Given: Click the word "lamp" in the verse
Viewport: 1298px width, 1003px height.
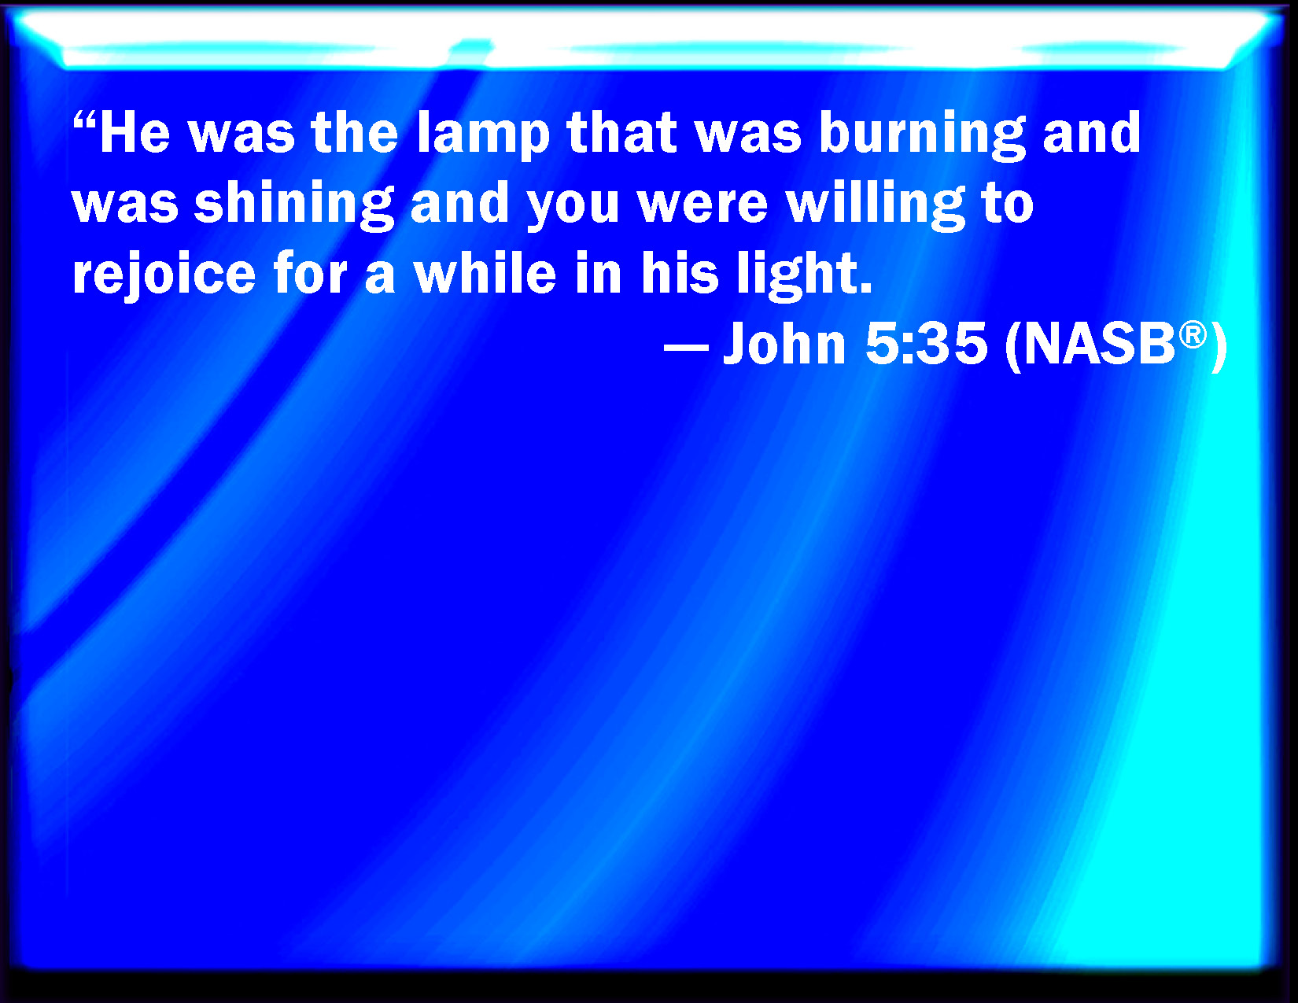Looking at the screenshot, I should tap(482, 134).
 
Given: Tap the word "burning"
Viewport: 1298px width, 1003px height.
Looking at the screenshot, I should tap(922, 134).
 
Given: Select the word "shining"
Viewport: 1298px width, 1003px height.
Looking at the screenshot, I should tap(293, 205).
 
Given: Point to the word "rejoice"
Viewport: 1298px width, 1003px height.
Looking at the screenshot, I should tap(164, 275).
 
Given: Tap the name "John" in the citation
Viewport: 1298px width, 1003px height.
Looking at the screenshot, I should tap(784, 345).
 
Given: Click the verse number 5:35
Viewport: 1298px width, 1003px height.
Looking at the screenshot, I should tap(925, 345).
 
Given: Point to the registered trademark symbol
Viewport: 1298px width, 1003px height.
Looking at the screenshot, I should tap(1193, 334).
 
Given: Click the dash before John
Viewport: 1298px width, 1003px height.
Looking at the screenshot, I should tap(686, 346).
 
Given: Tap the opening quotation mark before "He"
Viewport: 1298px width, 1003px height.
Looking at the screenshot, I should tap(84, 121).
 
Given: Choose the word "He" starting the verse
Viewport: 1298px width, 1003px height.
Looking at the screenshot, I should tap(135, 134).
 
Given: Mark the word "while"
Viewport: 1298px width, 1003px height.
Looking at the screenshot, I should tap(485, 275).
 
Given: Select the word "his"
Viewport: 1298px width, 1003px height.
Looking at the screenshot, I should tap(680, 275).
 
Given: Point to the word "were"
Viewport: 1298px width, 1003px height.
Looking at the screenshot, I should tap(702, 205).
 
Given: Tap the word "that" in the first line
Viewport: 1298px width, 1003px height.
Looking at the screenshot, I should tap(621, 134).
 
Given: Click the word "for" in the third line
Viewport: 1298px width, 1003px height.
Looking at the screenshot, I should tap(310, 275).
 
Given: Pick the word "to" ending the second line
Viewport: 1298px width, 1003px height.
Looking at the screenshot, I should tap(1007, 205).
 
